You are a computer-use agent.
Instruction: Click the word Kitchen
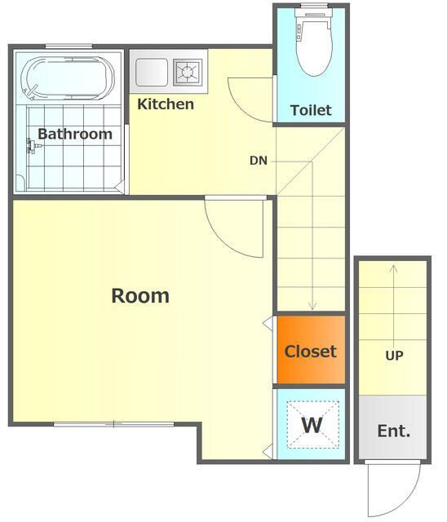[x=166, y=104]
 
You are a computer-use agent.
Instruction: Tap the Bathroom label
[x=75, y=134]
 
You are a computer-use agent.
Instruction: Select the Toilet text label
[x=311, y=110]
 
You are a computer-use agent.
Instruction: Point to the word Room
[x=140, y=295]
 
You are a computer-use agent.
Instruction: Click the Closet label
[x=311, y=352]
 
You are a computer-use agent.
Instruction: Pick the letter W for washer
[x=312, y=425]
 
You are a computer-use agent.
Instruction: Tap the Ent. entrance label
[x=394, y=431]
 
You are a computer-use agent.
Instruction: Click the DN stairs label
[x=259, y=161]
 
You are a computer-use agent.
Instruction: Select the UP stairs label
[x=395, y=356]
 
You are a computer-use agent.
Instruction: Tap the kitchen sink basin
[x=152, y=73]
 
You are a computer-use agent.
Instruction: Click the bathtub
[x=68, y=78]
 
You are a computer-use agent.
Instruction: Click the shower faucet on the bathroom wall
[x=33, y=147]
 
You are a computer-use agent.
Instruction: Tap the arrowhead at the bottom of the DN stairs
[x=312, y=306]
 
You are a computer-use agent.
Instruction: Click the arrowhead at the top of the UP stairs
[x=394, y=268]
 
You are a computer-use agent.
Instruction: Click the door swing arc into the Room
[x=221, y=240]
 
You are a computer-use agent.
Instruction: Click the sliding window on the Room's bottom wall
[x=114, y=424]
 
